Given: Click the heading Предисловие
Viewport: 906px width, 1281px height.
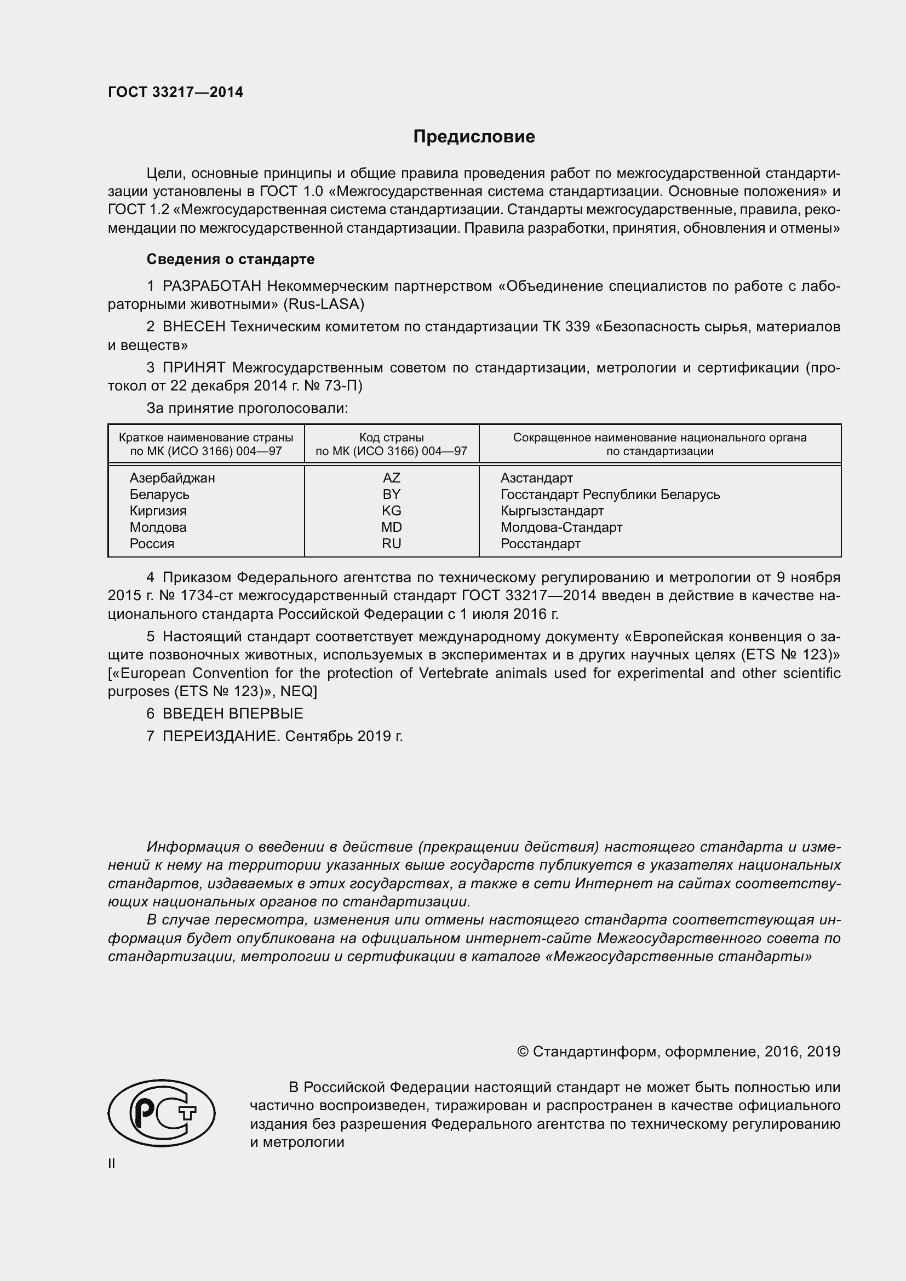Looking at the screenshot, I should (x=474, y=136).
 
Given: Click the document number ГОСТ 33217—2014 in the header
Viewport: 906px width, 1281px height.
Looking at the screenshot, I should (x=175, y=92).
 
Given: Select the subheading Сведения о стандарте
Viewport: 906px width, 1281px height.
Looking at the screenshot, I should (x=231, y=259).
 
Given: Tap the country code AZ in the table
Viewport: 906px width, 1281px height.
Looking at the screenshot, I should (x=391, y=478).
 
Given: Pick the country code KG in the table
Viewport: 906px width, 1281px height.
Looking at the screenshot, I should (x=391, y=510).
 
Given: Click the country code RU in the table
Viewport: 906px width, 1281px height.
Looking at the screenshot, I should (x=391, y=543).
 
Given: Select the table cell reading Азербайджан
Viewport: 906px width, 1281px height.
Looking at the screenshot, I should (x=172, y=478).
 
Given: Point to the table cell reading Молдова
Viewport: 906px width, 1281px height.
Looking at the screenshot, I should (x=158, y=527).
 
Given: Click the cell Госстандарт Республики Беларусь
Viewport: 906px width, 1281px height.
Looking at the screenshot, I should (x=610, y=495).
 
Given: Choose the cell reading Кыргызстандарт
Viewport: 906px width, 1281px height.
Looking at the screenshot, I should (x=552, y=510).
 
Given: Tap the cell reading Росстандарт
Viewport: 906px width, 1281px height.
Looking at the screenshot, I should (x=540, y=543).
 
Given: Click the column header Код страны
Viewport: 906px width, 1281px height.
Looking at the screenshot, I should (x=391, y=438).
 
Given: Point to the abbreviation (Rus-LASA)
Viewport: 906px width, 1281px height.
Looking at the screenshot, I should (x=324, y=305).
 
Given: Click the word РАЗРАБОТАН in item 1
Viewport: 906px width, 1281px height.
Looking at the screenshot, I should (x=211, y=286).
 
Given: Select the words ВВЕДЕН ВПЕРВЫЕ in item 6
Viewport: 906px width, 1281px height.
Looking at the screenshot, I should (x=233, y=713).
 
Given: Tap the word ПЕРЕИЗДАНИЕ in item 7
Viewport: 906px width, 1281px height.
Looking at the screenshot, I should (x=220, y=736).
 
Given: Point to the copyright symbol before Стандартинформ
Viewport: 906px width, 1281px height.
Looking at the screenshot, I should (x=522, y=1052).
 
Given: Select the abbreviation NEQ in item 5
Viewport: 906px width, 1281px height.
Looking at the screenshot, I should (x=297, y=691).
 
